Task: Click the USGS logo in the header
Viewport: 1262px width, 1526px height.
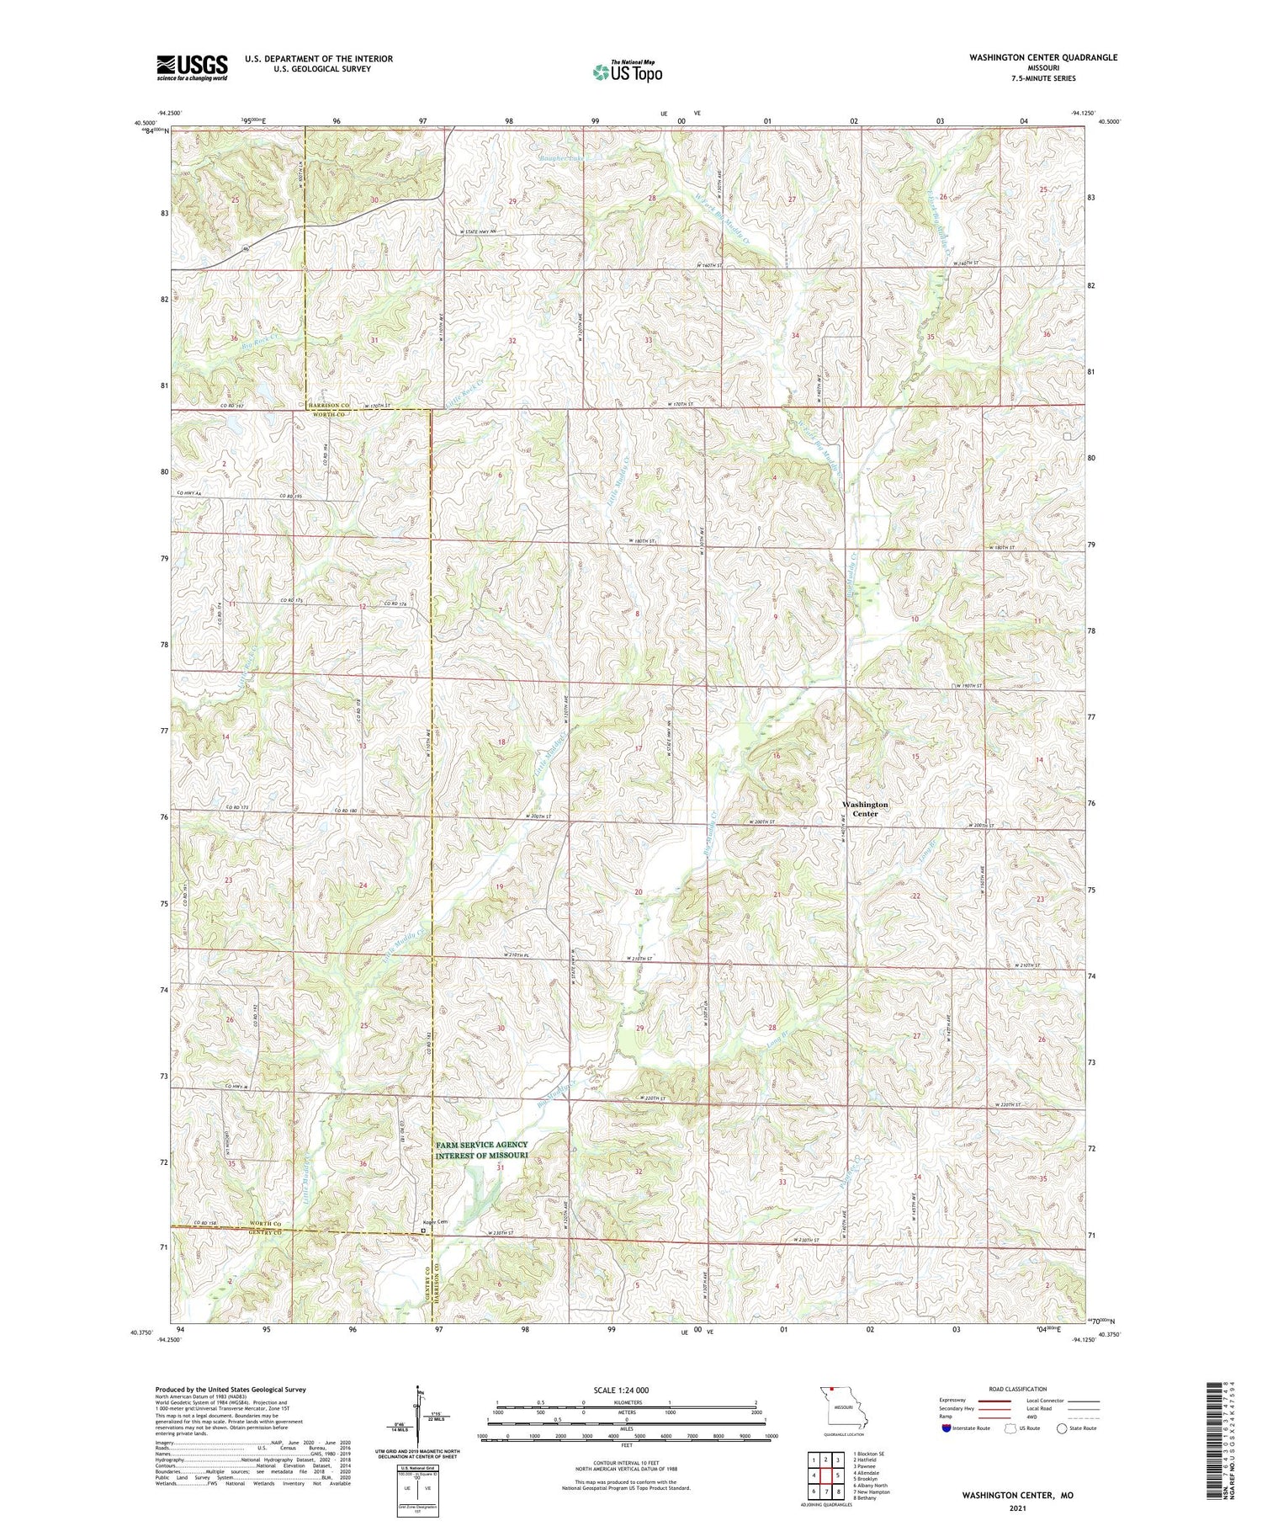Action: (x=192, y=67)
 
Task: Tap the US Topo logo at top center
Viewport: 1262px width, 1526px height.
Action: (x=627, y=72)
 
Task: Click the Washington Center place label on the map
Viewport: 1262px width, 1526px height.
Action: (x=865, y=809)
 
